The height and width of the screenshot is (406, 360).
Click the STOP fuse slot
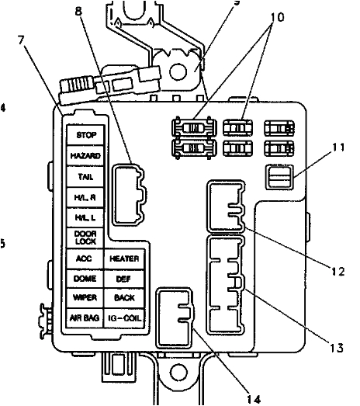coord(85,136)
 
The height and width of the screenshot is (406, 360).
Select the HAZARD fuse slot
coord(85,156)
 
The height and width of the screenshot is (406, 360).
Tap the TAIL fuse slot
coord(85,176)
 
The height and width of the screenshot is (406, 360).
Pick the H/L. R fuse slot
coord(85,197)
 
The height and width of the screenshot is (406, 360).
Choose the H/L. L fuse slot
coord(85,217)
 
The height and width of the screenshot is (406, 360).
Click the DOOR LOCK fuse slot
coord(85,238)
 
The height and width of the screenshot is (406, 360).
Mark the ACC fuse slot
coord(85,258)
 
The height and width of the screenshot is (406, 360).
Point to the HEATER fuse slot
coord(123,258)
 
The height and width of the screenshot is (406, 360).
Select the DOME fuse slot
coord(85,278)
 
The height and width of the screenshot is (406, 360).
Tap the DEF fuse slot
coord(123,278)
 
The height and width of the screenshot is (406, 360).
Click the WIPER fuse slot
coord(85,297)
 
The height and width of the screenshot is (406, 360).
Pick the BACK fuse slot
coord(123,297)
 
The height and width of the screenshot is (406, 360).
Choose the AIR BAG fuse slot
coord(85,318)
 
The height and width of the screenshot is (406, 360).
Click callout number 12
coord(334,271)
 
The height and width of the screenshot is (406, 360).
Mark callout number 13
coord(335,347)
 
